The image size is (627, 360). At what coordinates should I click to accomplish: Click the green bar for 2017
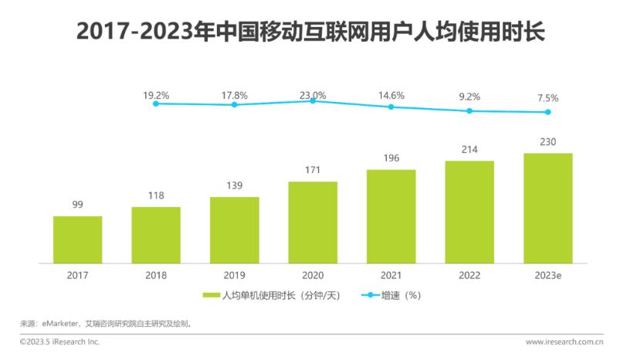click(x=77, y=239)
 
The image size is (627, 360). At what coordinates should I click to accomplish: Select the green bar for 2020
click(x=312, y=222)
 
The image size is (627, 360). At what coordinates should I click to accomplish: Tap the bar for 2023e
click(x=547, y=207)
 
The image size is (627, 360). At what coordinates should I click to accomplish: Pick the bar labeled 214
click(x=469, y=211)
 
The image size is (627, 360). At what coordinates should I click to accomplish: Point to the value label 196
click(x=391, y=159)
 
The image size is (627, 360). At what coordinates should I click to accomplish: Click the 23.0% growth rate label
click(x=312, y=95)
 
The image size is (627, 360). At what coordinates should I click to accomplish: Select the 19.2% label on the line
click(x=155, y=95)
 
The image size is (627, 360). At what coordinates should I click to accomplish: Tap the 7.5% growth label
click(x=547, y=98)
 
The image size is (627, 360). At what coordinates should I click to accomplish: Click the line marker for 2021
click(x=391, y=107)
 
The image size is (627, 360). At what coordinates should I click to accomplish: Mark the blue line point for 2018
click(x=155, y=103)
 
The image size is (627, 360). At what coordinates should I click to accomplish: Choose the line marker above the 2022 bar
click(x=469, y=110)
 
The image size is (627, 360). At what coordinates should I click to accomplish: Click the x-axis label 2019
click(x=234, y=274)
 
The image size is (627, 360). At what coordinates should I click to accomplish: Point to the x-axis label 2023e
click(x=547, y=274)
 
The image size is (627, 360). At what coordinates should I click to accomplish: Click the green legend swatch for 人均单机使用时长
click(x=211, y=295)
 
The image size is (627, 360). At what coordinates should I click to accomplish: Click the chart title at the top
click(x=313, y=32)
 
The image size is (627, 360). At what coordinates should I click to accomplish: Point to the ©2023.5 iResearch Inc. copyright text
click(x=59, y=341)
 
